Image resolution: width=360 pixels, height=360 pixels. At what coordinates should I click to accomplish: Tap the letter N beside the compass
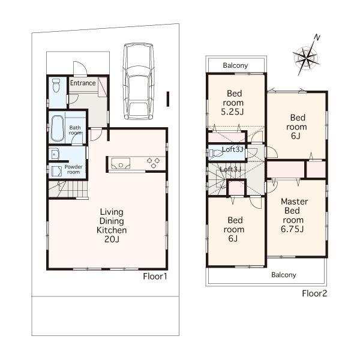(317, 38)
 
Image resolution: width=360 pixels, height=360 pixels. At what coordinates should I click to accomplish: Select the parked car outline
(137, 80)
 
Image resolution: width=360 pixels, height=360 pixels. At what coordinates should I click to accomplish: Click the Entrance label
(83, 83)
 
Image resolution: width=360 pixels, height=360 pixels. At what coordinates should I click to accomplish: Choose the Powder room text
(73, 169)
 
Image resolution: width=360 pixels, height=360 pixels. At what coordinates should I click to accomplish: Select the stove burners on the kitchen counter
(153, 161)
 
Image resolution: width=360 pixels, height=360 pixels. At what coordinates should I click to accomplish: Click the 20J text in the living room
(112, 238)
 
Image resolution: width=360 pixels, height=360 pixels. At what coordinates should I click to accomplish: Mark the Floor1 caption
(155, 277)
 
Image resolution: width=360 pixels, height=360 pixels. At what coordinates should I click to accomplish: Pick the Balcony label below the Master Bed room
(283, 275)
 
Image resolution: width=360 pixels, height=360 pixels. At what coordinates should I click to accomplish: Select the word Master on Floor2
(295, 202)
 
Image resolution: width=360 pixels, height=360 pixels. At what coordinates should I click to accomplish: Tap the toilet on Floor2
(218, 154)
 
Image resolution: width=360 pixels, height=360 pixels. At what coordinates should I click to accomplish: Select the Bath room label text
(75, 130)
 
